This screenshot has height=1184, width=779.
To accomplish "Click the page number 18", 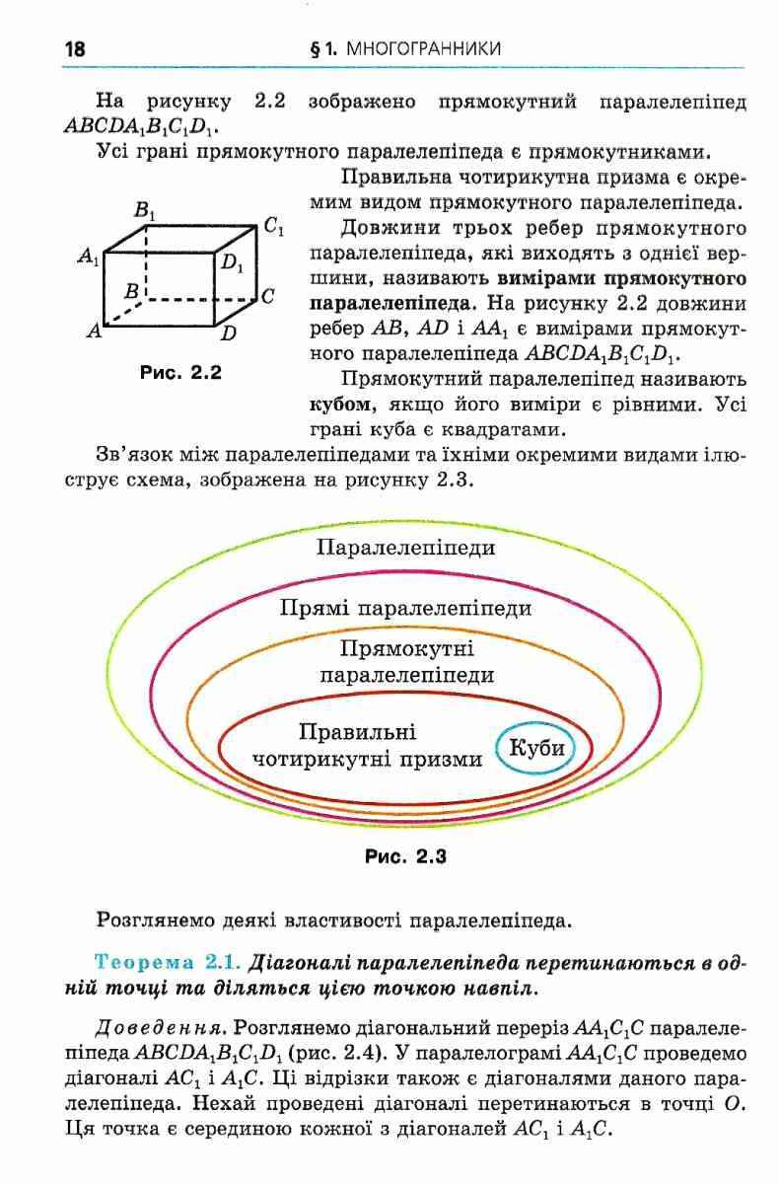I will (x=75, y=48).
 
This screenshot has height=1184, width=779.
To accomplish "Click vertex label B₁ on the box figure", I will (x=145, y=210).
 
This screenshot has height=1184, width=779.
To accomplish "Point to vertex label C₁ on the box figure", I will (x=274, y=226).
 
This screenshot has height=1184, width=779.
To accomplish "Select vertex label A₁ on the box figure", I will (x=89, y=257).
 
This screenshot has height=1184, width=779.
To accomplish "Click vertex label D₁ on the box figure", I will (x=232, y=262).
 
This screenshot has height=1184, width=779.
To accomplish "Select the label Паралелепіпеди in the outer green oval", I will (x=406, y=547).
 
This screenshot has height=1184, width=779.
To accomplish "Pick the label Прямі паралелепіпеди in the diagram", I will (x=406, y=607).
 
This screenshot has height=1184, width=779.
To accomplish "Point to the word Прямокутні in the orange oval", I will (x=406, y=648).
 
